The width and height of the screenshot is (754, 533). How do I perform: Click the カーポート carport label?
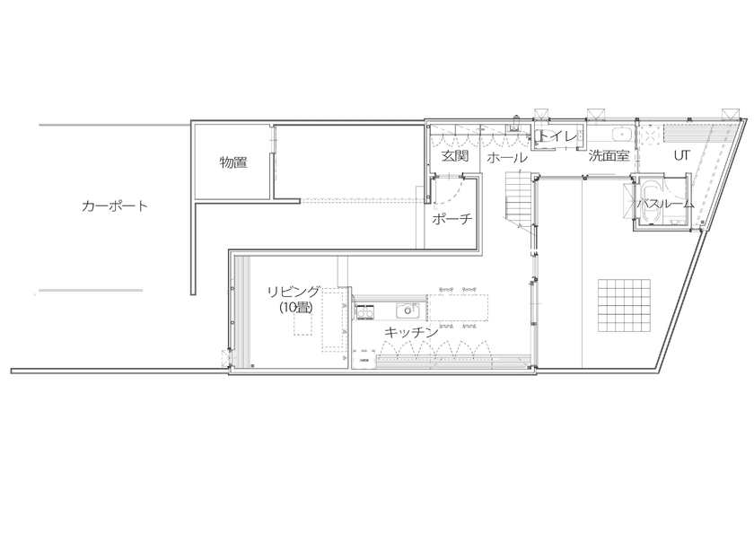[x=114, y=205]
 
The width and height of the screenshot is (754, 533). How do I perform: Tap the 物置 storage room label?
[x=233, y=162]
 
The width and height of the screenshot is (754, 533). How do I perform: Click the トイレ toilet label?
[x=558, y=137]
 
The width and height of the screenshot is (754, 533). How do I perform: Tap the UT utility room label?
[x=681, y=154]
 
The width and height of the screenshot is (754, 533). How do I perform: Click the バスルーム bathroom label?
[x=665, y=204]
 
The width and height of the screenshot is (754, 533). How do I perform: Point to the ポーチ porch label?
[x=452, y=220]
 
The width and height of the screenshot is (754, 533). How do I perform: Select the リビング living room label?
[x=294, y=291]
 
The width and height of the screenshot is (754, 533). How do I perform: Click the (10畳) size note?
[x=294, y=307]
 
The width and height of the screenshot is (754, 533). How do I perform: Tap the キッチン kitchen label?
[x=411, y=332]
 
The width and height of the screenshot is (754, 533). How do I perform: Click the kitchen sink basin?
[x=408, y=310]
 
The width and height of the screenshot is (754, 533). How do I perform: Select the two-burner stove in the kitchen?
[x=365, y=310]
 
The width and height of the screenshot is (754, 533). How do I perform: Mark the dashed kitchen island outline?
[x=460, y=307]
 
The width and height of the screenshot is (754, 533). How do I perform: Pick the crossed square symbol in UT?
[x=646, y=135]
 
